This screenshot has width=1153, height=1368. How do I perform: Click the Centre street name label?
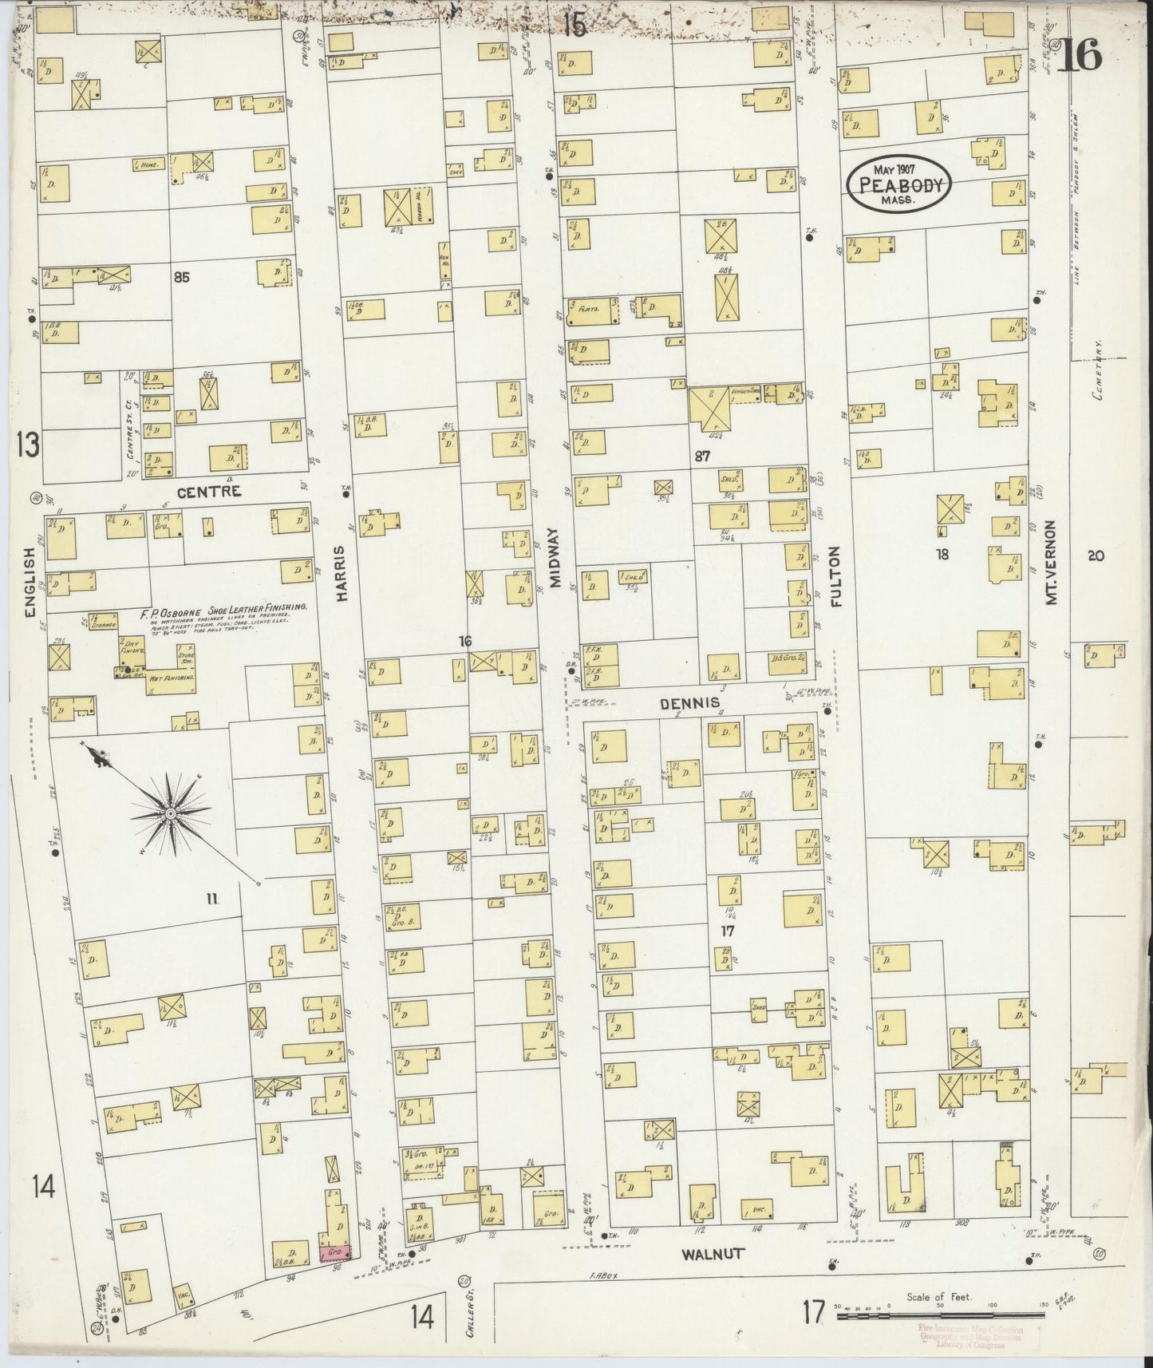(x=208, y=492)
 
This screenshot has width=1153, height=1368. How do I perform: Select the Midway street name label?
(x=556, y=555)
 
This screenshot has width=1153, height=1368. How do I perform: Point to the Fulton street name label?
(x=835, y=576)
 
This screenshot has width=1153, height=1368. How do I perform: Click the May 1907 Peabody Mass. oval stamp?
(x=900, y=184)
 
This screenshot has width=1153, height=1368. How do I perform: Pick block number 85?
(x=181, y=278)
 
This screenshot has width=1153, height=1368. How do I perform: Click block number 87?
(x=702, y=457)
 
